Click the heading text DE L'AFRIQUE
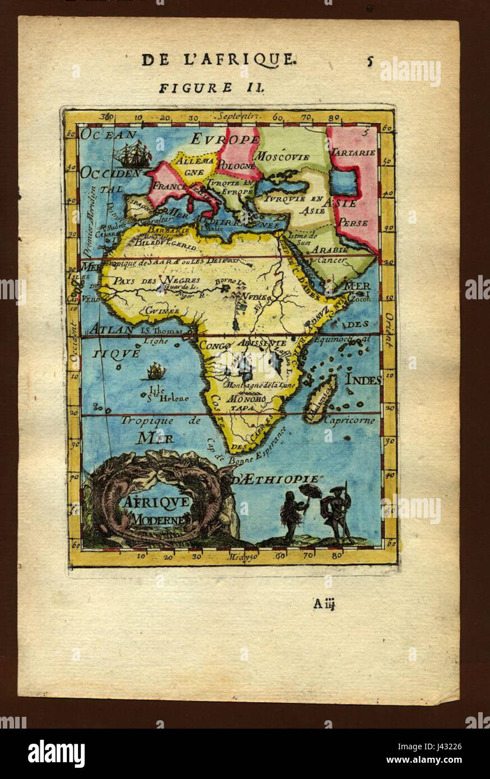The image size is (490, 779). [x=219, y=60]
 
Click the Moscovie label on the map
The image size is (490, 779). [x=282, y=156]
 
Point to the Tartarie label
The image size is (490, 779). [x=353, y=152]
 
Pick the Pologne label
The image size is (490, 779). [x=235, y=166]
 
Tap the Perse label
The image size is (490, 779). [x=353, y=222]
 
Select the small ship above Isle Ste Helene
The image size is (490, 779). [x=156, y=370]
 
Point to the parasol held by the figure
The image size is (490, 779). [x=310, y=491]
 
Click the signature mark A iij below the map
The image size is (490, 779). [x=324, y=604]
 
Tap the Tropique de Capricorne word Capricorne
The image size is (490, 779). [x=349, y=420]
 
